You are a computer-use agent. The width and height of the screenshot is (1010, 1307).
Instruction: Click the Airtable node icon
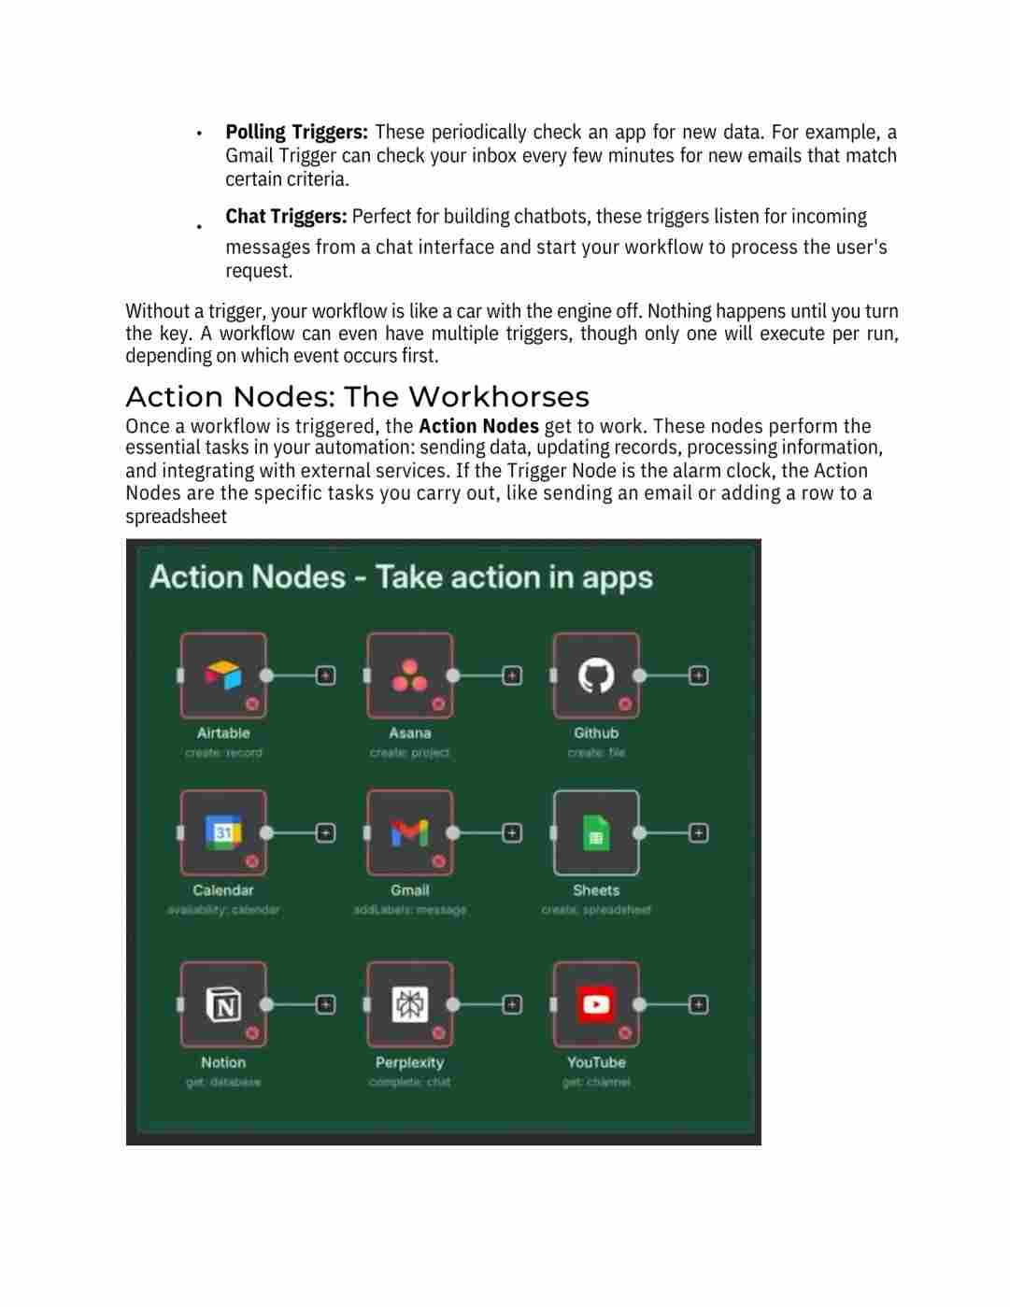[223, 675]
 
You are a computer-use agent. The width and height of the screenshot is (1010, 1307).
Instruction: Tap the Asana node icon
[409, 675]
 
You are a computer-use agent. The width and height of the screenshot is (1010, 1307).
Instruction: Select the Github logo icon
[596, 675]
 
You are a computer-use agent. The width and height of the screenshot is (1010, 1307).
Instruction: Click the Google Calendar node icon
[223, 831]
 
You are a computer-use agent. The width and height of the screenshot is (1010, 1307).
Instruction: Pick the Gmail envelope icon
[409, 831]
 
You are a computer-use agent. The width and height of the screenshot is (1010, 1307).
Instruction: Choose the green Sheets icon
[596, 832]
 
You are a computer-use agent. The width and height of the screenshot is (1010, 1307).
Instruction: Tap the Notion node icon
[223, 1004]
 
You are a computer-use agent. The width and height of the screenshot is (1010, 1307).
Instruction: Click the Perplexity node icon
[409, 1004]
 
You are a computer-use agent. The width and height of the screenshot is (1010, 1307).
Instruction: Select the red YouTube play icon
[596, 1004]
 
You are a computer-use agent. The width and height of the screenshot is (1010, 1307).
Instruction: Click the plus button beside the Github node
[698, 675]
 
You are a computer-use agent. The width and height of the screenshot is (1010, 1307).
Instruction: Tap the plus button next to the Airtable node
[325, 675]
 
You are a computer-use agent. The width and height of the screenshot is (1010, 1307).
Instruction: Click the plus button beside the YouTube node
[698, 1004]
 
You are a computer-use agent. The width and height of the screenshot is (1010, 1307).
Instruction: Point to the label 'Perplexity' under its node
[409, 1062]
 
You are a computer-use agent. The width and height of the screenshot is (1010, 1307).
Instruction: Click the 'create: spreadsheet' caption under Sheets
[596, 909]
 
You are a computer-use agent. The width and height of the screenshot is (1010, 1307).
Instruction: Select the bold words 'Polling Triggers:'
[296, 132]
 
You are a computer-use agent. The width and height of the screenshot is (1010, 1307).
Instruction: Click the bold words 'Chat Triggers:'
[286, 217]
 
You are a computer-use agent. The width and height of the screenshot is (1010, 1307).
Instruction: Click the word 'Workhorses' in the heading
[499, 397]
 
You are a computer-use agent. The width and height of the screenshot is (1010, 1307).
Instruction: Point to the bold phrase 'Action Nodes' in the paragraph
[478, 426]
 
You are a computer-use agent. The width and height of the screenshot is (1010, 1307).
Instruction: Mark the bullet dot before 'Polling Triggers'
[199, 134]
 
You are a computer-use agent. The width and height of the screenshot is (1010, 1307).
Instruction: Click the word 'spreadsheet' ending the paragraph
[176, 517]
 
